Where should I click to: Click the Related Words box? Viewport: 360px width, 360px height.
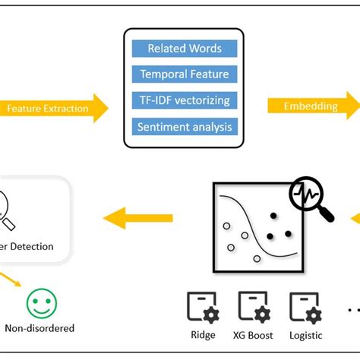(184, 49)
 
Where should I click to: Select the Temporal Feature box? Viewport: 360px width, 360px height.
(184, 74)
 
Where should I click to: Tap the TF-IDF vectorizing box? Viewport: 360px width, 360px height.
(184, 100)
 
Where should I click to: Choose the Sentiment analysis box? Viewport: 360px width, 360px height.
(184, 126)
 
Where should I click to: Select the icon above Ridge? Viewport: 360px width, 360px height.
(203, 308)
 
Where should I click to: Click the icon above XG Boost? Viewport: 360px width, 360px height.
(254, 308)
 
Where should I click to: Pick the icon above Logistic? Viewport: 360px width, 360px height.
(305, 308)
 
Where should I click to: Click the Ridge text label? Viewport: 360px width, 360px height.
(203, 335)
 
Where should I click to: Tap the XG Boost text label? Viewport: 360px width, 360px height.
(254, 335)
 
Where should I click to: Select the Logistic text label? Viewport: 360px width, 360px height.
(305, 335)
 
